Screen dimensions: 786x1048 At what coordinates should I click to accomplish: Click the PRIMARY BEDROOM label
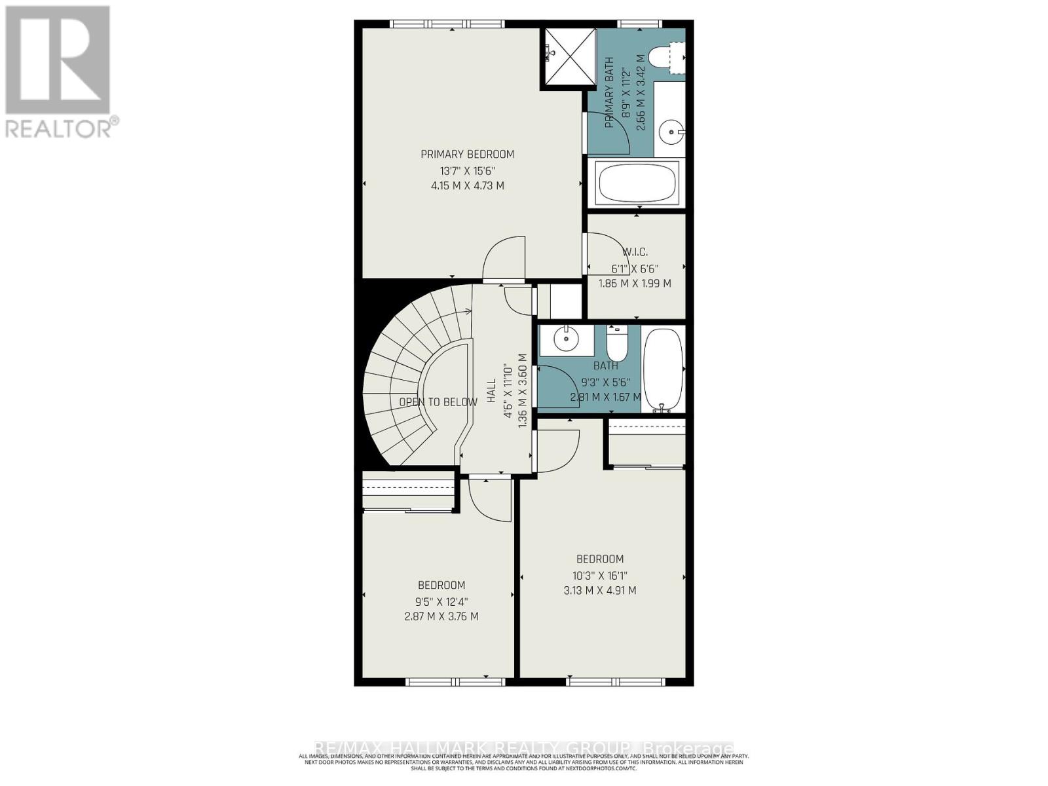(x=467, y=155)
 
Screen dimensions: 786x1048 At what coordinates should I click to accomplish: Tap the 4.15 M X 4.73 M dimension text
(x=467, y=186)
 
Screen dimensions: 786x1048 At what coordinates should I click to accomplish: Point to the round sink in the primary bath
(x=669, y=132)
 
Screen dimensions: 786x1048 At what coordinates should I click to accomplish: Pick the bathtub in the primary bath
(x=637, y=183)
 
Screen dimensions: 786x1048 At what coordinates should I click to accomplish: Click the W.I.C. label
(x=635, y=252)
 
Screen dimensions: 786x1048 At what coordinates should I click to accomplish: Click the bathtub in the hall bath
(x=664, y=370)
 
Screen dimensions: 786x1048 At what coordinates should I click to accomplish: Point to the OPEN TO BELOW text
(x=438, y=402)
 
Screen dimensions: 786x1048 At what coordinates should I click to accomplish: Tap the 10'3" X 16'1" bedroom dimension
(x=599, y=576)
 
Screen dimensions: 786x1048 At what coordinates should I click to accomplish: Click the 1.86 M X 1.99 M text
(x=635, y=284)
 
